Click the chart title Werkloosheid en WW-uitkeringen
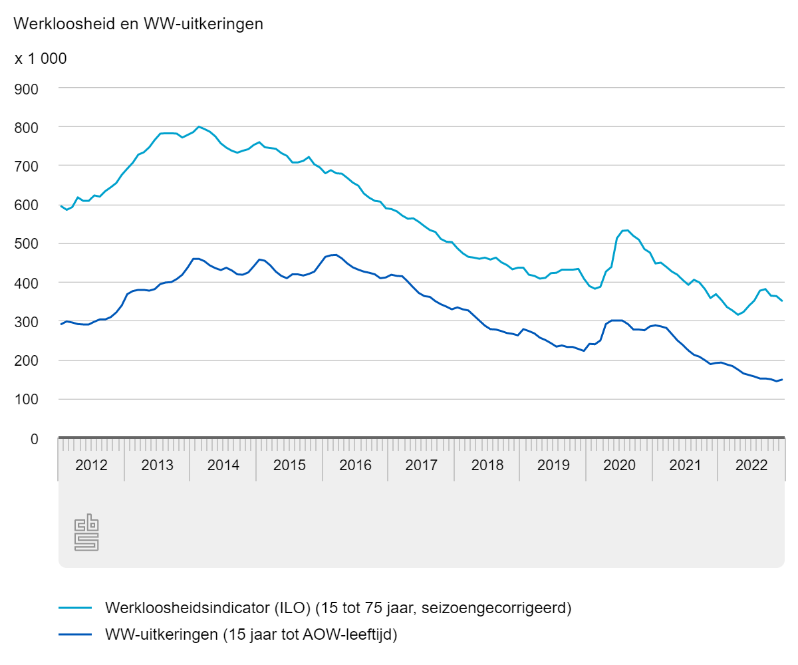point(138,24)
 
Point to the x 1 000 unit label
point(41,59)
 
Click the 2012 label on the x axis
point(91,465)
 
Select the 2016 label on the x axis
point(355,465)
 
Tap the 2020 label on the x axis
point(619,465)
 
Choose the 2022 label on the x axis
point(751,465)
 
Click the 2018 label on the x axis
point(487,465)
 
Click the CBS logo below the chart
point(86,533)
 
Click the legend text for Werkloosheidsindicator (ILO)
point(338,608)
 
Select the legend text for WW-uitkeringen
point(251,635)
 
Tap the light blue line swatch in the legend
point(74,608)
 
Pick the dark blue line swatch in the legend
point(74,635)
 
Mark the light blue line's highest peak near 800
point(199,126)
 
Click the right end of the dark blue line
point(782,380)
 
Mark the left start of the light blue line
point(61,206)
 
